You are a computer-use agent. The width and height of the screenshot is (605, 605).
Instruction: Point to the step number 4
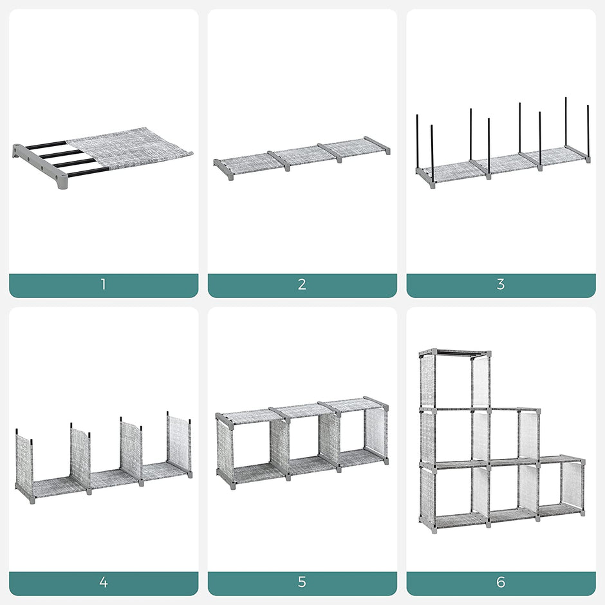click(103, 583)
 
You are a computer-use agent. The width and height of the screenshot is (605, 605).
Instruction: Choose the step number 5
click(302, 583)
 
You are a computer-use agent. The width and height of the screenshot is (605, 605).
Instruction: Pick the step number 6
click(500, 583)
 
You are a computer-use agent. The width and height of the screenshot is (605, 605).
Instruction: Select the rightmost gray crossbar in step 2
click(377, 145)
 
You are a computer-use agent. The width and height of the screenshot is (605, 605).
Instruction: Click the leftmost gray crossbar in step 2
click(223, 169)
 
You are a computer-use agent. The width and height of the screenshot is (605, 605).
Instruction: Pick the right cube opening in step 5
click(351, 433)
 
